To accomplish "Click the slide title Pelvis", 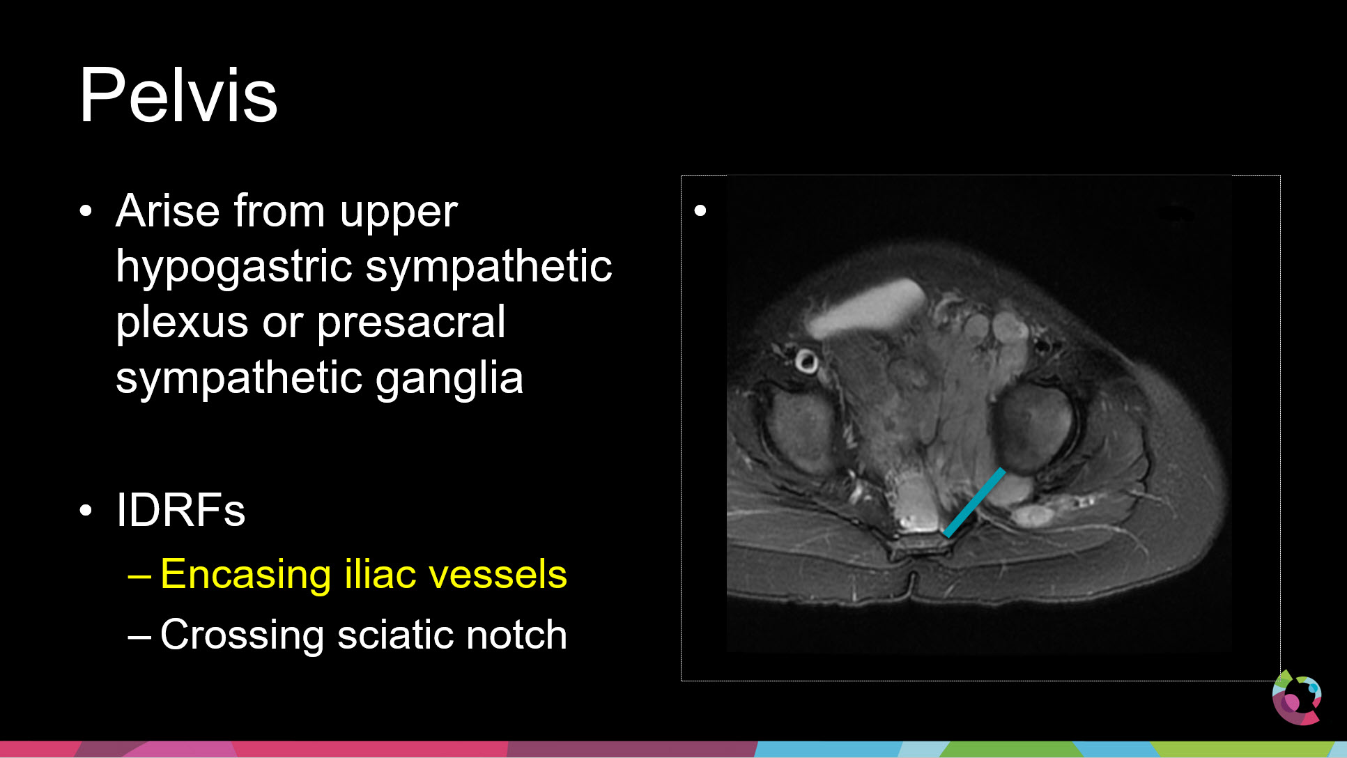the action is coord(178,95).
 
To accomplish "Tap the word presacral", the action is coord(411,323).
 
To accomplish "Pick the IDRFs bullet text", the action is coord(180,510).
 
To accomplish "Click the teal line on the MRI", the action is coord(974,502).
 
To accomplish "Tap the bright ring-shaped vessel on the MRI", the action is coord(806,362).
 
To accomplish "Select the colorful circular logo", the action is coord(1297,697).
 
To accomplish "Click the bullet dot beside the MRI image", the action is coord(700,210).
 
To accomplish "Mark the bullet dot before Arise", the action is coord(86,211).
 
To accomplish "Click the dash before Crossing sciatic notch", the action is coord(139,637).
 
